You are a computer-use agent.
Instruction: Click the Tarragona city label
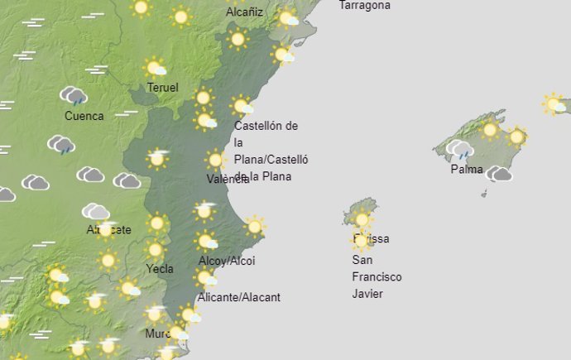coord(365,5)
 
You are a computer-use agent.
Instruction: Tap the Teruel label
coord(162,88)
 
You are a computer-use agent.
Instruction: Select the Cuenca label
coord(84,116)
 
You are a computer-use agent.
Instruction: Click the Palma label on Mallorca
coord(467,169)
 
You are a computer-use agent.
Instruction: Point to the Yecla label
coord(159,268)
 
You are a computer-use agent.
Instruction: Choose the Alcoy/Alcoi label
coord(227,261)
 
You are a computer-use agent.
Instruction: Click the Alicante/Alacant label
coord(239,297)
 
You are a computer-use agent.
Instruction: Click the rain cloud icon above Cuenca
coord(74,96)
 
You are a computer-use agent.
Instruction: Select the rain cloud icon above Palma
coord(459,150)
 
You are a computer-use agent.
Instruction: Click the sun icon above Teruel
coord(154,68)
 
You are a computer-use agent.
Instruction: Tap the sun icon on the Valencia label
coord(215,160)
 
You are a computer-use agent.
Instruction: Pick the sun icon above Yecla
coord(155,249)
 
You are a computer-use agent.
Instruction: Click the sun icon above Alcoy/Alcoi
coord(205,241)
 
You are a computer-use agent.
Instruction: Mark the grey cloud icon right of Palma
coord(499,174)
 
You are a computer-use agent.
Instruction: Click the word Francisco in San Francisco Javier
coord(377,277)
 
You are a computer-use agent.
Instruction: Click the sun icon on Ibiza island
coord(362,220)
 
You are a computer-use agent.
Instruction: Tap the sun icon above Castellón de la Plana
coord(242,106)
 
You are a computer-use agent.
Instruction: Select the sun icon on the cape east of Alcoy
coord(255,226)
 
